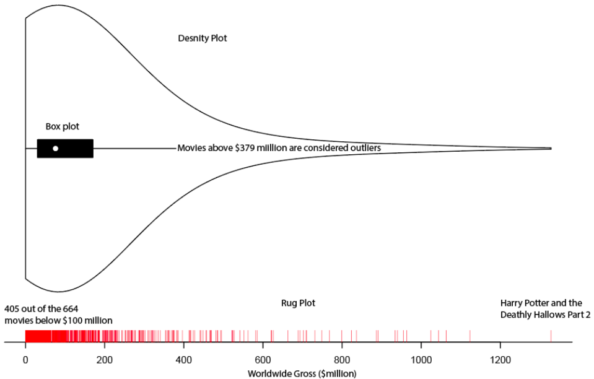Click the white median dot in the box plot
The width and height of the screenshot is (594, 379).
(x=55, y=149)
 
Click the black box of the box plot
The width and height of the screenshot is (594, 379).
(x=77, y=149)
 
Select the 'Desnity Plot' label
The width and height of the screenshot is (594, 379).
(x=203, y=38)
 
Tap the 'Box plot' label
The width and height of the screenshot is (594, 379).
(x=63, y=126)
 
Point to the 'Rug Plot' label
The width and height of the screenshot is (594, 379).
(x=299, y=303)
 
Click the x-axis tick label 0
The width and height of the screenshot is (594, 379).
(x=25, y=360)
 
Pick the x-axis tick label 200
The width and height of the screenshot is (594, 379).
(x=105, y=360)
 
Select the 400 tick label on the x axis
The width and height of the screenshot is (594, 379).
(x=184, y=360)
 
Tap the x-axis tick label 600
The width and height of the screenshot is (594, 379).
(x=263, y=360)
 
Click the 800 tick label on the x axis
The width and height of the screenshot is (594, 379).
(x=342, y=360)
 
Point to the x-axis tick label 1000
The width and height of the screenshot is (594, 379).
(x=421, y=360)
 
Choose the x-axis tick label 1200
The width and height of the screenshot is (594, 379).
(x=500, y=360)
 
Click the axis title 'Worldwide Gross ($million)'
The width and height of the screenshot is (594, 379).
(x=302, y=373)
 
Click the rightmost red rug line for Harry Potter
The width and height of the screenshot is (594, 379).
(x=551, y=336)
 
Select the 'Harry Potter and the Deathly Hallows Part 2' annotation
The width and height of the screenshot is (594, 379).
(x=545, y=309)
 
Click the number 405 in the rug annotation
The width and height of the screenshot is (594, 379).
(x=12, y=308)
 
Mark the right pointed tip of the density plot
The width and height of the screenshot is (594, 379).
(x=551, y=149)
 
